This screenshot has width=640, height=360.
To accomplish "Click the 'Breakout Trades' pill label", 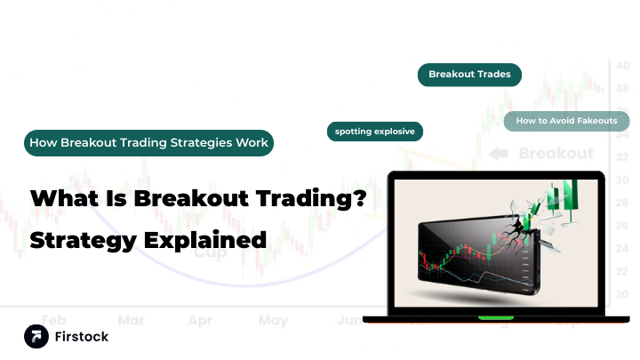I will (x=469, y=75).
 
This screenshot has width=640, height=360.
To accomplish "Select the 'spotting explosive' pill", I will (x=374, y=132).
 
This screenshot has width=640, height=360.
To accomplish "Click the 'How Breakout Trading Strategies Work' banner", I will (x=148, y=142).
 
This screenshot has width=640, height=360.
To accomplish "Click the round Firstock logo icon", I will (x=36, y=335).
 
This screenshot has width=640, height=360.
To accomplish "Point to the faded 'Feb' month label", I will (x=53, y=319).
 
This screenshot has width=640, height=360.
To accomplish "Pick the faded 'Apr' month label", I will (x=200, y=319).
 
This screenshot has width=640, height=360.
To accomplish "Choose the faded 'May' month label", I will (x=273, y=319).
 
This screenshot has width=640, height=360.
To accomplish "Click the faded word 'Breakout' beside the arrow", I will (x=556, y=154).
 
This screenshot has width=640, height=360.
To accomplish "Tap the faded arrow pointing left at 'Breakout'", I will (x=499, y=154).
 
